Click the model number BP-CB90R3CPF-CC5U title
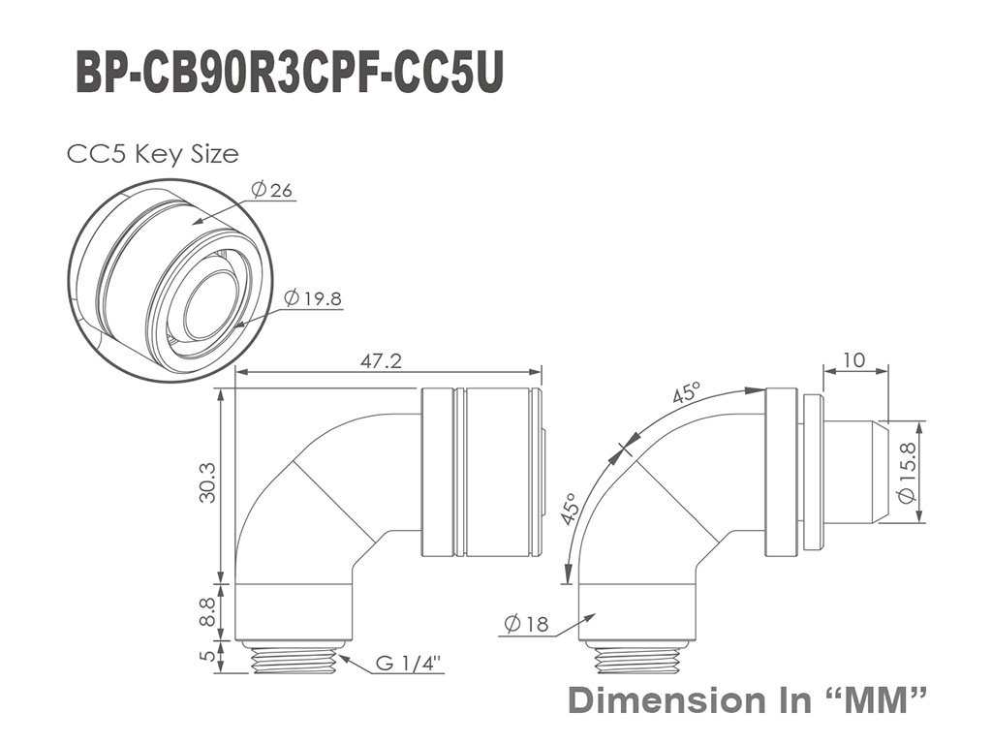pyautogui.click(x=290, y=75)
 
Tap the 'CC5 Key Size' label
pyautogui.click(x=152, y=154)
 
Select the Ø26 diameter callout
pyautogui.click(x=271, y=189)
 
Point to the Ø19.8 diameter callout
pyautogui.click(x=313, y=298)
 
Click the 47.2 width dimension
pyautogui.click(x=381, y=360)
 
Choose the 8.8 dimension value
pyautogui.click(x=207, y=612)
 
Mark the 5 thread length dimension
pyautogui.click(x=207, y=657)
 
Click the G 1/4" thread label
pyautogui.click(x=408, y=663)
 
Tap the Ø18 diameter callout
pyautogui.click(x=526, y=625)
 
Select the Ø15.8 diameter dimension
pyautogui.click(x=908, y=472)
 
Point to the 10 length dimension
pyautogui.click(x=854, y=359)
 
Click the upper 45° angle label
pyautogui.click(x=687, y=392)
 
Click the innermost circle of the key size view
pyautogui.click(x=210, y=298)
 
